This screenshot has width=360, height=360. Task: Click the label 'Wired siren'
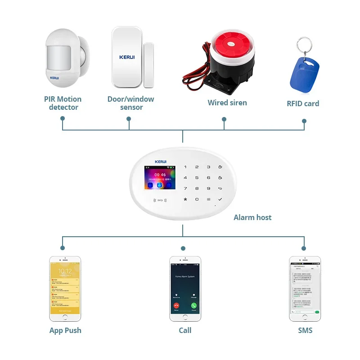point(227,103)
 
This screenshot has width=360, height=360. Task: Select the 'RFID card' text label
point(303,103)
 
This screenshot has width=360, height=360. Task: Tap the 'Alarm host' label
point(252,217)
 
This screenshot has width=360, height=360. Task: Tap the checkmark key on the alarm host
point(220,199)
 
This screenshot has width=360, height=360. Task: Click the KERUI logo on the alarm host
point(160,162)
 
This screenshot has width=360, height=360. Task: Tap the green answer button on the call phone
point(194,305)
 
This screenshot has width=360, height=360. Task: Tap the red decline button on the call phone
point(176,305)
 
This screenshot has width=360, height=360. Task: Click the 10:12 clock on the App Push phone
point(65,271)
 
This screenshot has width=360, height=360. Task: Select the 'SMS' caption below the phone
point(305,330)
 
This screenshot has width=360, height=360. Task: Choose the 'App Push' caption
point(65,330)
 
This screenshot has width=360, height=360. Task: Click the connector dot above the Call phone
point(183,248)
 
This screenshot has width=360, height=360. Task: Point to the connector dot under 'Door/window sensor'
point(129,119)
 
